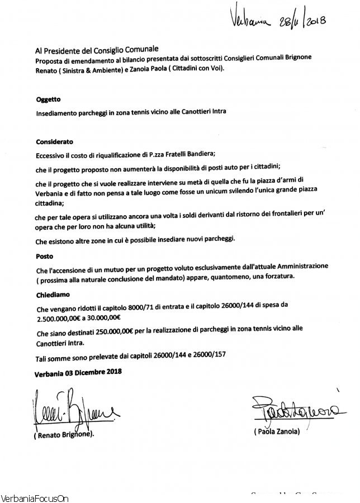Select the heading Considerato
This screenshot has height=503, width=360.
click(54, 142)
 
